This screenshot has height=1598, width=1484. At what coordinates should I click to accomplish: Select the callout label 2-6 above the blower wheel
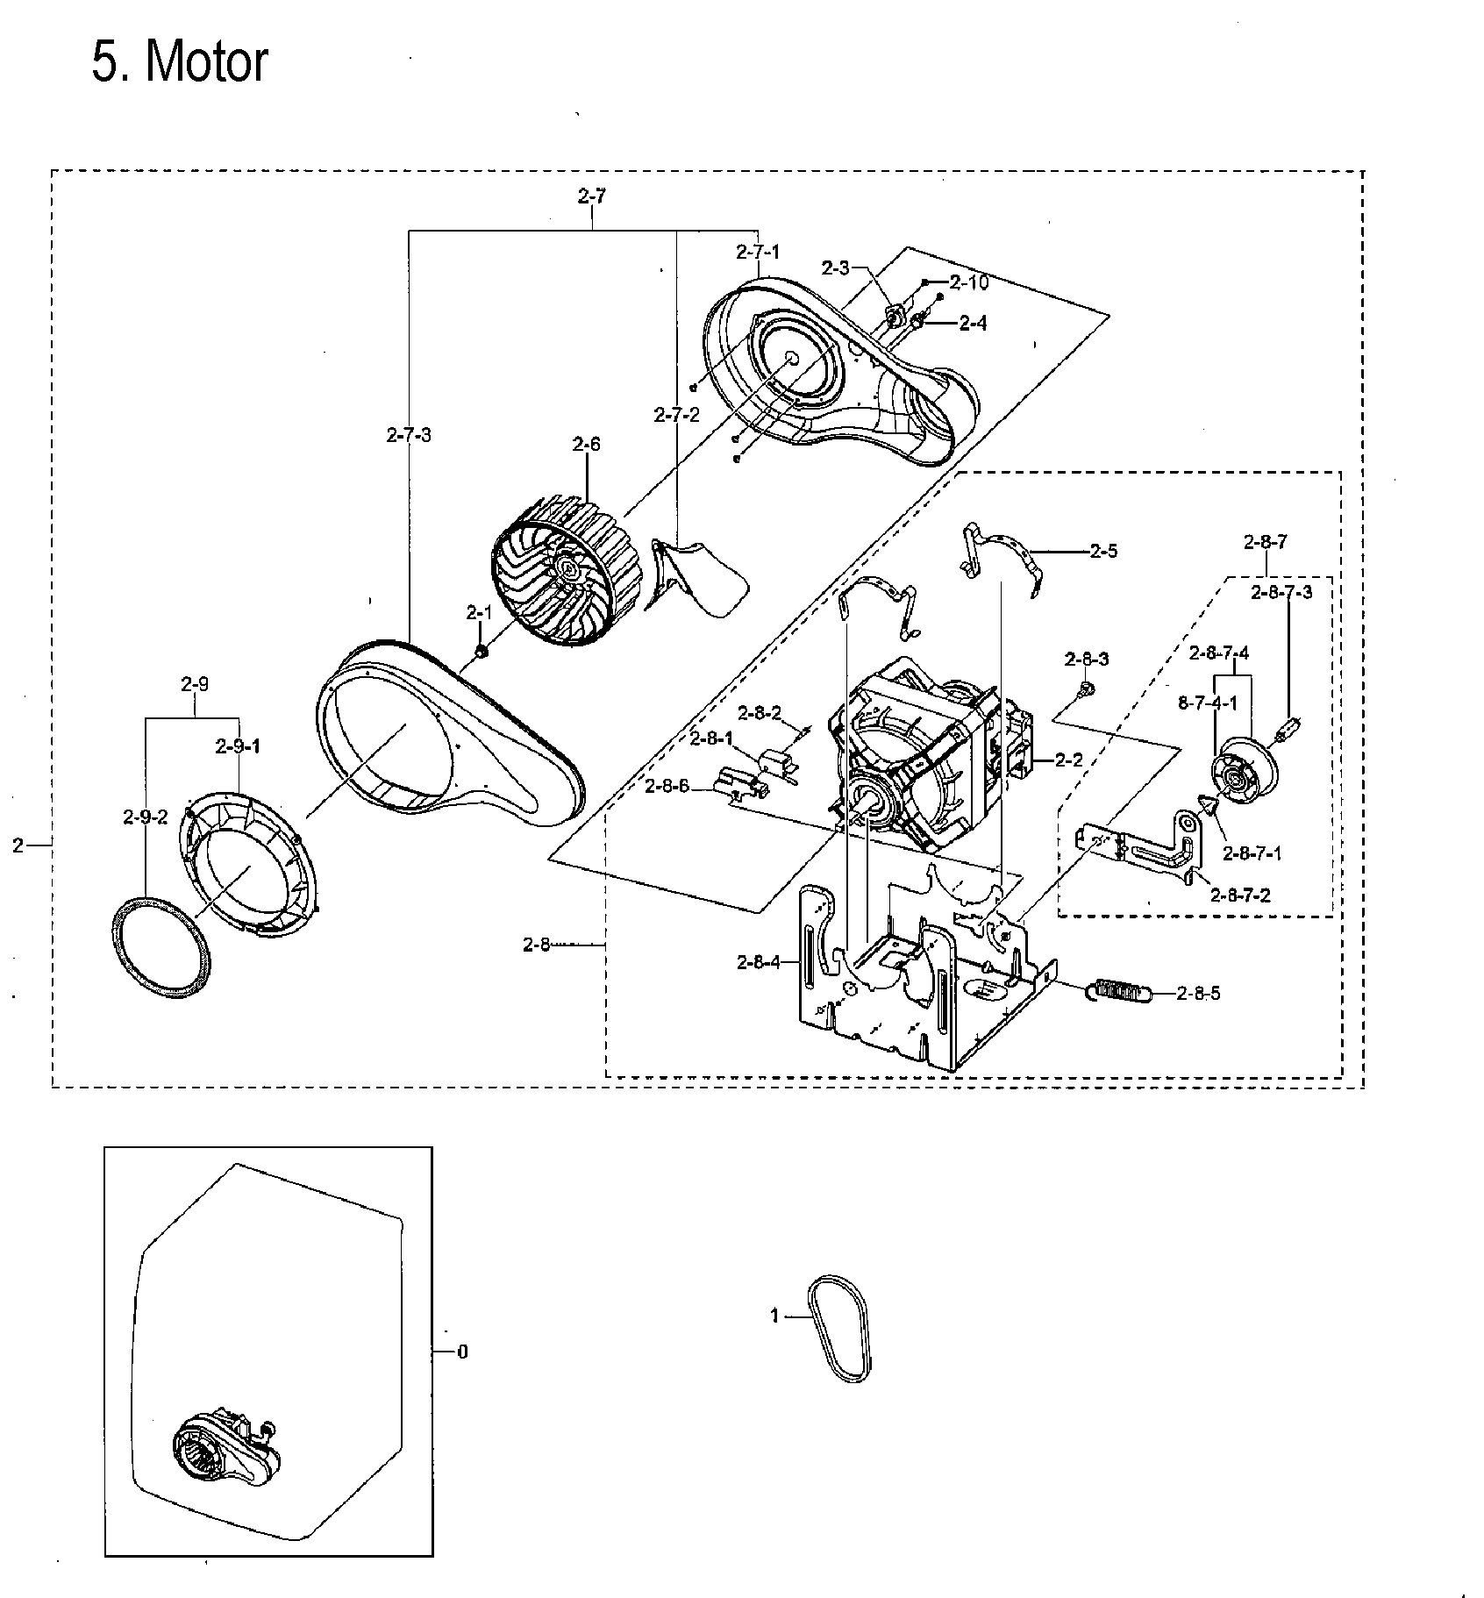click(586, 445)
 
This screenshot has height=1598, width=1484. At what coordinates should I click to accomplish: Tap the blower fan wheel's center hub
click(568, 570)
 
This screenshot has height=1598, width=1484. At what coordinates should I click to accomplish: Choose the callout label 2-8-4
click(759, 963)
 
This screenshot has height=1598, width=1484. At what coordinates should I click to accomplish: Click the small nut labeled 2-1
click(480, 652)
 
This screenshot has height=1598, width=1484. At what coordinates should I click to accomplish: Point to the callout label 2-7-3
click(409, 434)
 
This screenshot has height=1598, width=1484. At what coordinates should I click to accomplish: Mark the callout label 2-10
click(968, 282)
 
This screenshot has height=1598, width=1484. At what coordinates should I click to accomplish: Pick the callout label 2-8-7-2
click(1240, 895)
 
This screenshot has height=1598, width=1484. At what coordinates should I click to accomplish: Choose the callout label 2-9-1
click(238, 746)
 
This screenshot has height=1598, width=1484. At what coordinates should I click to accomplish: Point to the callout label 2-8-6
click(666, 788)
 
